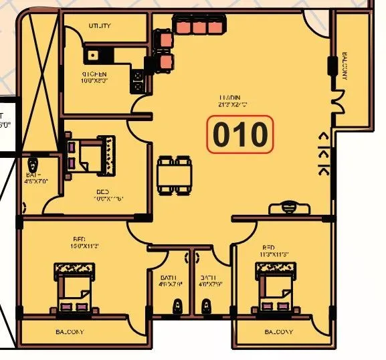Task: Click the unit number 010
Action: pyautogui.click(x=240, y=135)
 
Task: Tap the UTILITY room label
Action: pyautogui.click(x=100, y=26)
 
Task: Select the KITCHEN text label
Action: pyautogui.click(x=95, y=74)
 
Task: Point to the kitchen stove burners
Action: pyautogui.click(x=138, y=80)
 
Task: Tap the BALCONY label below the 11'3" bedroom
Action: pyautogui.click(x=278, y=332)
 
